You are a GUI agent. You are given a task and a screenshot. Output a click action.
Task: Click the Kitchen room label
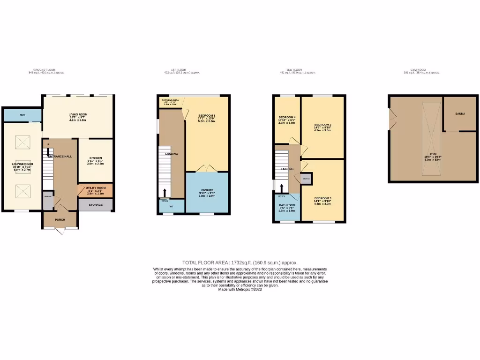(x=96, y=158)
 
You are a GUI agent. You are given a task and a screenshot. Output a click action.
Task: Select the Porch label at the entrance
(x=60, y=220)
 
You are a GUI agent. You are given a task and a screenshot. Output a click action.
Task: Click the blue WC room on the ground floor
(x=22, y=115)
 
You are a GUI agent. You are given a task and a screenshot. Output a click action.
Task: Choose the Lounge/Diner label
(x=22, y=164)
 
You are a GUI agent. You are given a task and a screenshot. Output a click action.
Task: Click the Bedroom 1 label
(x=207, y=116)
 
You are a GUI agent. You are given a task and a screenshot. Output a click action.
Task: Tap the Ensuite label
(x=207, y=191)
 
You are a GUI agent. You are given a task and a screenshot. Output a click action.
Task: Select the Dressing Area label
(x=169, y=100)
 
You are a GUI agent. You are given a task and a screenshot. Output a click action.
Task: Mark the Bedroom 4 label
(x=287, y=117)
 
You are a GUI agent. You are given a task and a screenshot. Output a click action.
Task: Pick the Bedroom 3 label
(x=324, y=199)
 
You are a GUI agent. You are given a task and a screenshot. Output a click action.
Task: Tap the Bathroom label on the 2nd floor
(x=287, y=205)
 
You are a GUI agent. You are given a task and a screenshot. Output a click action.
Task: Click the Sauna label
(x=460, y=113)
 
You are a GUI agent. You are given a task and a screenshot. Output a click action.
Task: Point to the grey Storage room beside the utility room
(x=96, y=205)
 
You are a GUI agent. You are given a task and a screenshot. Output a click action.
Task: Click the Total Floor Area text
(x=240, y=263)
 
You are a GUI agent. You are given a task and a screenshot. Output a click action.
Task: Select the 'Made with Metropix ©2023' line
(x=240, y=290)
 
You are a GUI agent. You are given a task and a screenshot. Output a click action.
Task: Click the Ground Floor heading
(x=47, y=69)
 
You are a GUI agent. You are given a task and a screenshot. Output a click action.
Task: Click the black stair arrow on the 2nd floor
(x=281, y=188)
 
